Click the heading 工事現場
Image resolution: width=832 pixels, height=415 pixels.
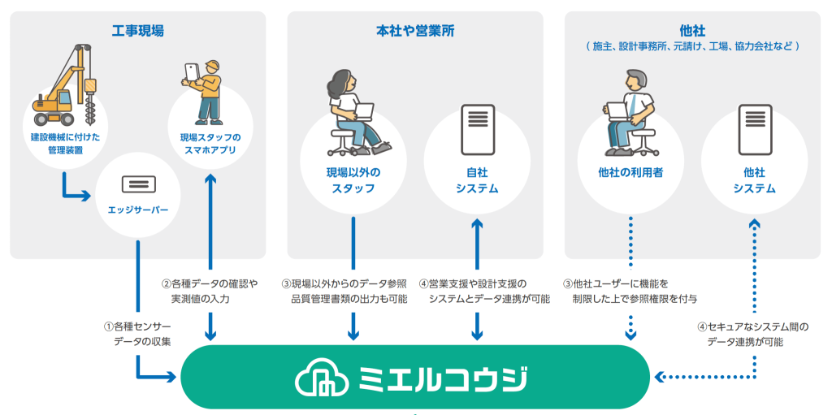click(137, 31)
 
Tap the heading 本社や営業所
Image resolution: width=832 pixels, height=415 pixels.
click(414, 31)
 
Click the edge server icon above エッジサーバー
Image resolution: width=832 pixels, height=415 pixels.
click(137, 183)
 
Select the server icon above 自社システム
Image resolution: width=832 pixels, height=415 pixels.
click(476, 128)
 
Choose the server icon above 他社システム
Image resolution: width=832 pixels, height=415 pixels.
click(754, 128)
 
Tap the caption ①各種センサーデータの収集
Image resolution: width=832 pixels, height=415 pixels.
click(136, 333)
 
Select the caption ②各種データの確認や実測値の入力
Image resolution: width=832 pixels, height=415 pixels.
click(209, 291)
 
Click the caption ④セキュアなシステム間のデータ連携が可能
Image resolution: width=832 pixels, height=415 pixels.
click(752, 334)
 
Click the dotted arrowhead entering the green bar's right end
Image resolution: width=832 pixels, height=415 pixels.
click(660, 377)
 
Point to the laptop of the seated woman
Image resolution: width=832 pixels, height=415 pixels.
click(360, 112)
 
